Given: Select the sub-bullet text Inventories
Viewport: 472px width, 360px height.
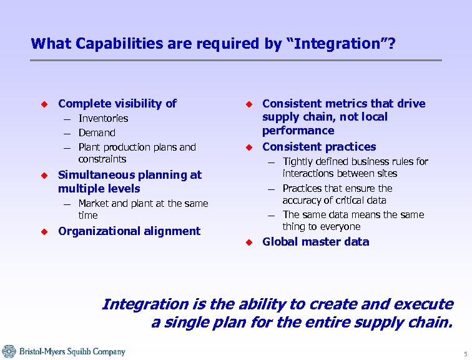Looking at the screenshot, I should [103, 119].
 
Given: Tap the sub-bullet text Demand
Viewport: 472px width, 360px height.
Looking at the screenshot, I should [97, 133].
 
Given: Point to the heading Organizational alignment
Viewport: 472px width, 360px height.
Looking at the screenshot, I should [129, 231].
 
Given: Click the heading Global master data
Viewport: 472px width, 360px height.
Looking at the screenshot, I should [315, 242].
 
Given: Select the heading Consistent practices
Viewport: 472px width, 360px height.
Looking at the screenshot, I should [319, 147].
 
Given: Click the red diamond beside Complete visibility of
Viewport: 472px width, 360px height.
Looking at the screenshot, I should [44, 104].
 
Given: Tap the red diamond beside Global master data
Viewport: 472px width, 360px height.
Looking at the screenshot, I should [248, 242].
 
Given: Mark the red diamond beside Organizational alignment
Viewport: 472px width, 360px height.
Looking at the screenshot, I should [44, 231].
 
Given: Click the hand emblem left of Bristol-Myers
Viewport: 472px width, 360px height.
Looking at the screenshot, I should [9, 351].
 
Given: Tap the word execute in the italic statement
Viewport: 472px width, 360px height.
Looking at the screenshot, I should [429, 304].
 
